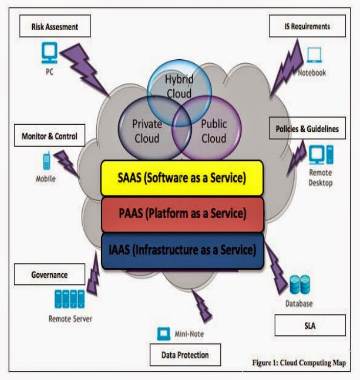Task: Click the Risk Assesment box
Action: point(55,26)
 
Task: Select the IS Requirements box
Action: point(307,26)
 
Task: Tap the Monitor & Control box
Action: point(49,136)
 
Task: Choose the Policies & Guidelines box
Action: point(307,129)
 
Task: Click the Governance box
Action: point(49,274)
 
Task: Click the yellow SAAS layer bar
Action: point(182,178)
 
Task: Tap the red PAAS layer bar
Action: point(182,214)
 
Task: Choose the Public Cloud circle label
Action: point(213,131)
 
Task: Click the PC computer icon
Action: point(49,52)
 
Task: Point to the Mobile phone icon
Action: point(47,161)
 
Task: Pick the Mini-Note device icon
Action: point(164,334)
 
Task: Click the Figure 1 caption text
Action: point(299,363)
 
